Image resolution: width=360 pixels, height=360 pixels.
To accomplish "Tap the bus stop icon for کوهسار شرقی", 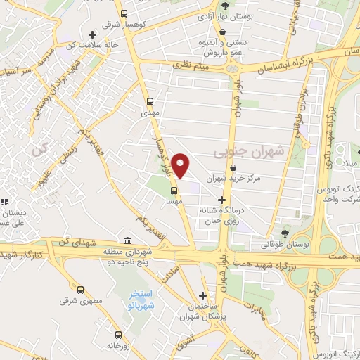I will [124, 13].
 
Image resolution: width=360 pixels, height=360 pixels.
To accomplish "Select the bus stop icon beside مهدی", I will [149, 101].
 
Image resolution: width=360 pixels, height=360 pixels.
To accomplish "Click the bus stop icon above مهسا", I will [174, 191].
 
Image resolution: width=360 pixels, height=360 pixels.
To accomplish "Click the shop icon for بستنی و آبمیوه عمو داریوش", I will [223, 32].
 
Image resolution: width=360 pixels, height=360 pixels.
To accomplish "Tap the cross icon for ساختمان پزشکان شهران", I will [203, 296].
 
